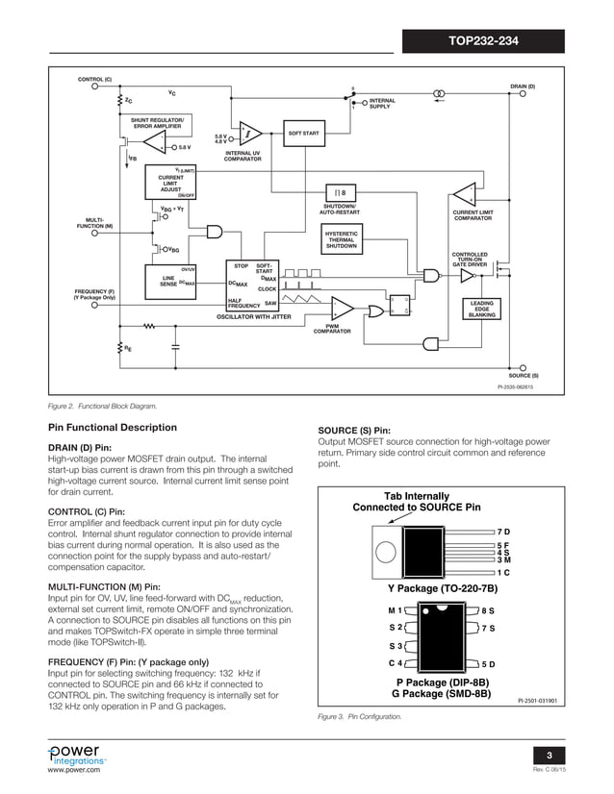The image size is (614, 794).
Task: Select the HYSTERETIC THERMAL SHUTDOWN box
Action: pos(342,240)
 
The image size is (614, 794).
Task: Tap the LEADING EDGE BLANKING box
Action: pos(481,309)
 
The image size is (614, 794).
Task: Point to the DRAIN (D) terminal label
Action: pos(522,87)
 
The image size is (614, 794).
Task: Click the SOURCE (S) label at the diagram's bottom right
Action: pos(524,376)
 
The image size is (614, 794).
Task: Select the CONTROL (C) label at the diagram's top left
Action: pos(94,78)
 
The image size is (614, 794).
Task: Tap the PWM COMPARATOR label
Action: pos(331,329)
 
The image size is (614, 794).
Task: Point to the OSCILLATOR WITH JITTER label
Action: pos(253,315)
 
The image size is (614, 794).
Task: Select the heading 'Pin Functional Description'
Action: pos(113,428)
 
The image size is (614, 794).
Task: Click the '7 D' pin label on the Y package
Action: pos(503,531)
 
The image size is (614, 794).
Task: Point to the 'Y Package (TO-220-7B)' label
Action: pos(442,587)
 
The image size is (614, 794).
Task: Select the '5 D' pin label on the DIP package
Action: pos(488,664)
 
